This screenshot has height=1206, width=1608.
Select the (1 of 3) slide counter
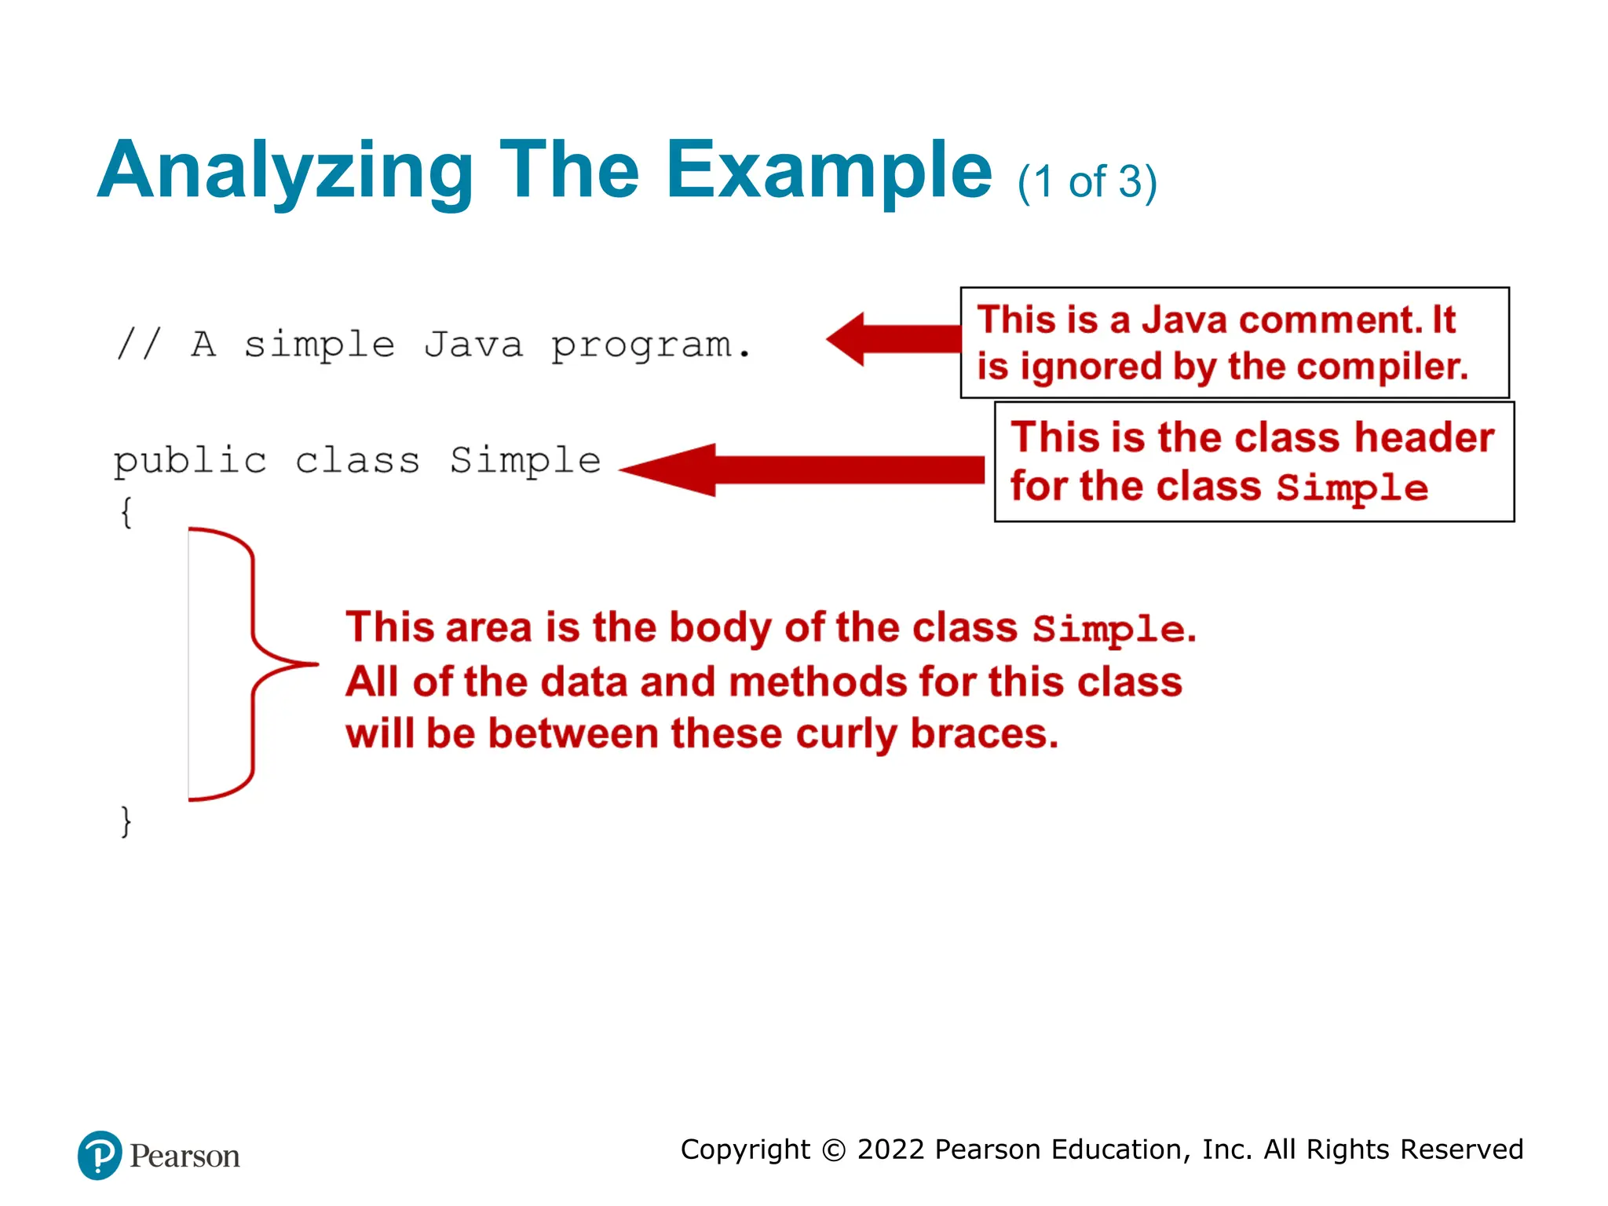(1087, 182)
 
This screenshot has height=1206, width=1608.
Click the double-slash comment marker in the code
(139, 344)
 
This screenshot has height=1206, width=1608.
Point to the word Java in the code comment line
(473, 344)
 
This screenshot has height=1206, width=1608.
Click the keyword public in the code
(190, 461)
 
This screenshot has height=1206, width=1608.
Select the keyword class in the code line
(357, 461)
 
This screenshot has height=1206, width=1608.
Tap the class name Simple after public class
(525, 461)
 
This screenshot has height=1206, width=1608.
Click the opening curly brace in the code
(126, 513)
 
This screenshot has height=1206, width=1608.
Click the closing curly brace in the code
(126, 821)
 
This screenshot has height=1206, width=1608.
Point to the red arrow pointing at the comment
(891, 339)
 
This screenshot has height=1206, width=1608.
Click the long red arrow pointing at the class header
(801, 470)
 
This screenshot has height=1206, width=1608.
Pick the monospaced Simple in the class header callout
(1351, 488)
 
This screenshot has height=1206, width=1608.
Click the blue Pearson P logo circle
(100, 1155)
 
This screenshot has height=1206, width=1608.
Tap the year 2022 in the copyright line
(890, 1149)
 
